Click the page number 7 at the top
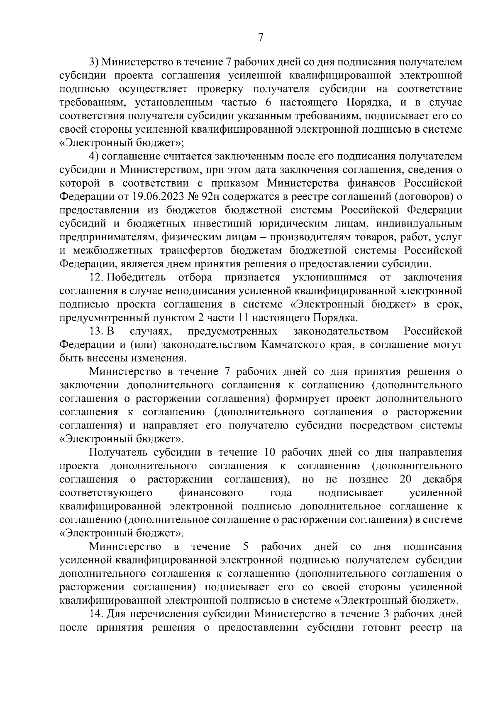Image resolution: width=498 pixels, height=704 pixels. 261,37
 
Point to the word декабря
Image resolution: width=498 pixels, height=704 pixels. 442,480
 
